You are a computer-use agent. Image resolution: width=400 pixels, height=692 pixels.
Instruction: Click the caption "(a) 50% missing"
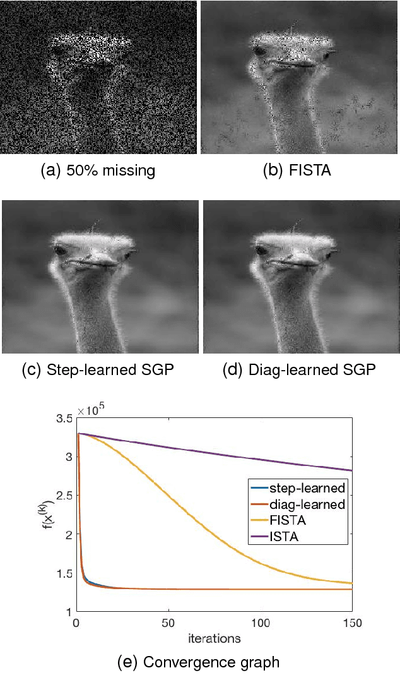[97, 170]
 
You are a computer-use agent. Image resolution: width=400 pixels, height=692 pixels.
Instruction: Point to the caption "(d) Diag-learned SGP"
[299, 370]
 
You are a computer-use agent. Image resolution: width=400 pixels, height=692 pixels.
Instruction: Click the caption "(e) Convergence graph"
[198, 662]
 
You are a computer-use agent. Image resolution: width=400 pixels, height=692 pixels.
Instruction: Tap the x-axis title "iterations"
[214, 638]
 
